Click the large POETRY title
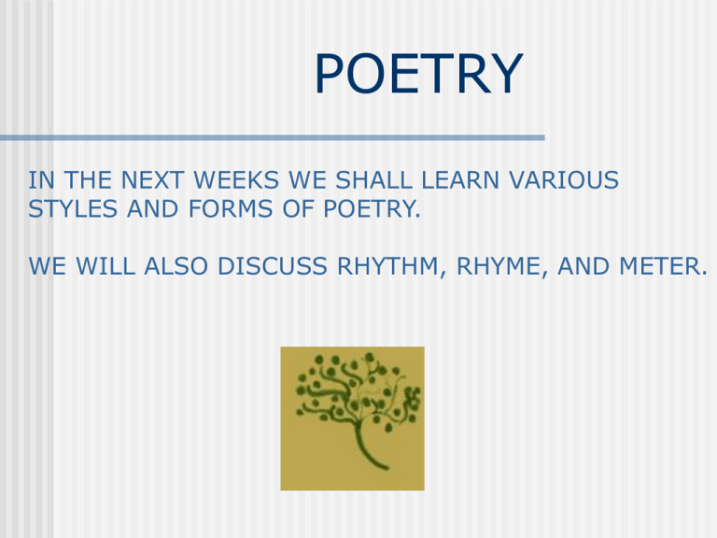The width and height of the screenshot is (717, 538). click(418, 75)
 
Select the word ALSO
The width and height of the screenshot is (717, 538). click(180, 268)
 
